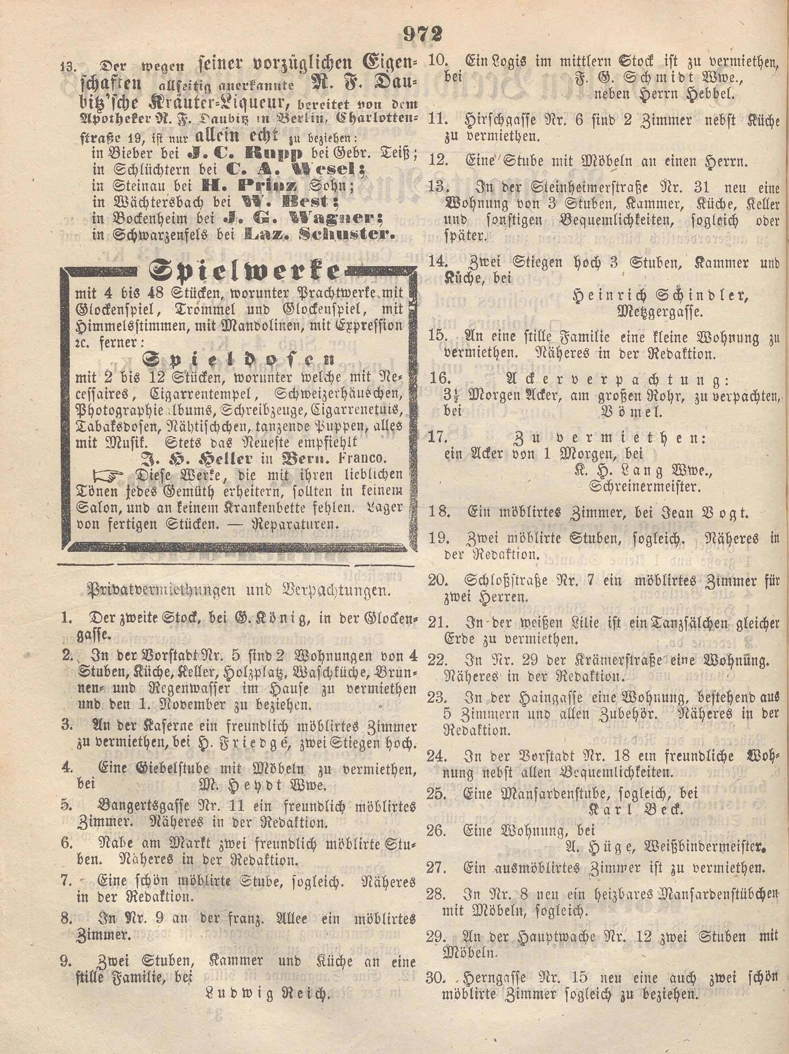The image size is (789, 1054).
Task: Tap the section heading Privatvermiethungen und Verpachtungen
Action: [x=238, y=590]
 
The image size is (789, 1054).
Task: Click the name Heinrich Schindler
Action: [x=660, y=296]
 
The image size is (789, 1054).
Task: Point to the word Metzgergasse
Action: [x=660, y=312]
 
